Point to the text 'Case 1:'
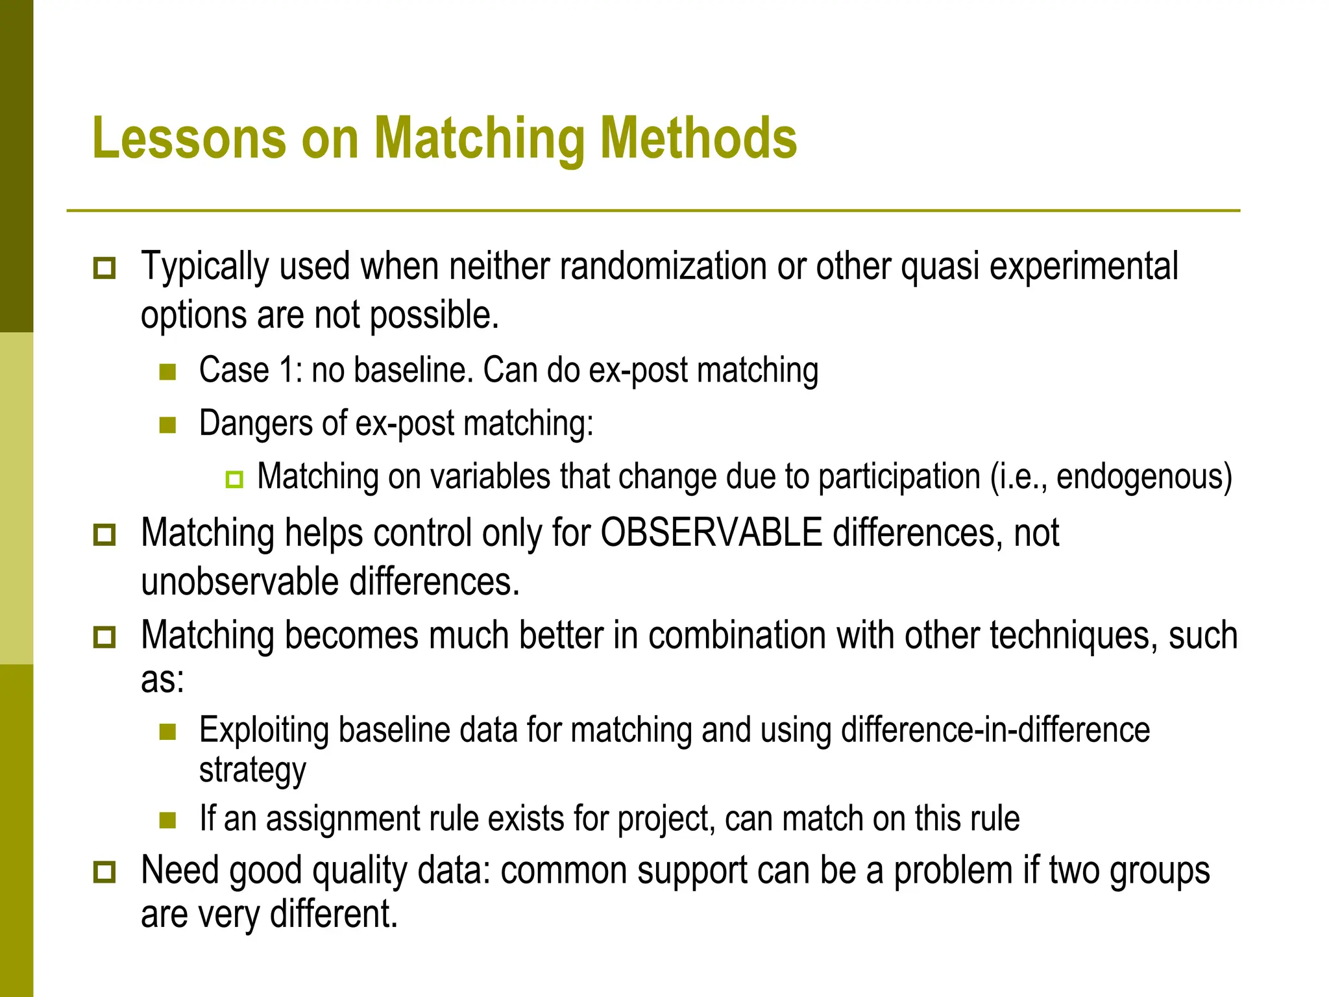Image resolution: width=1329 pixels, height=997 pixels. (x=250, y=370)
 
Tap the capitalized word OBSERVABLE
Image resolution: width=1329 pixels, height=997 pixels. (x=711, y=533)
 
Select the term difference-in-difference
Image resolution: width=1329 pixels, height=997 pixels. (x=995, y=730)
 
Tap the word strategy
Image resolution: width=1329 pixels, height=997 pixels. (x=252, y=770)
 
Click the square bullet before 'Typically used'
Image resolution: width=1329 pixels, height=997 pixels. (x=104, y=267)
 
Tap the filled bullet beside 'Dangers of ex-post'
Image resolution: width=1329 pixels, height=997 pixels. (x=168, y=425)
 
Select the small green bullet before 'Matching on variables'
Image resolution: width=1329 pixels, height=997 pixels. (x=234, y=479)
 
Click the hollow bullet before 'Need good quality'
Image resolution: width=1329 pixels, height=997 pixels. (x=104, y=872)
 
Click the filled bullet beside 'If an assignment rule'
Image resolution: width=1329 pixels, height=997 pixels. (x=168, y=820)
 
